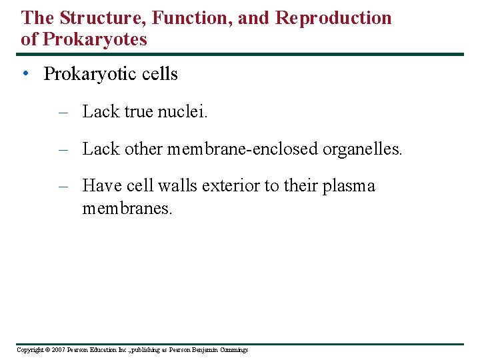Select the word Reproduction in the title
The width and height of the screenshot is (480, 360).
click(333, 18)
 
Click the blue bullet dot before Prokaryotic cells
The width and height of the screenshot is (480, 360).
click(25, 74)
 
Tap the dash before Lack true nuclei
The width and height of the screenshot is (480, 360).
click(63, 112)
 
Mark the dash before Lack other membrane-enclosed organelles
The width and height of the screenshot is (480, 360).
click(63, 149)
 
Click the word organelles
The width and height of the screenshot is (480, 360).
click(363, 149)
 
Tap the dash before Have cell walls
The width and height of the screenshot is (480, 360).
click(63, 186)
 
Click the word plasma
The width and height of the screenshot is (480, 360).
click(349, 186)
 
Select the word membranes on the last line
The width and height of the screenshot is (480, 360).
click(127, 209)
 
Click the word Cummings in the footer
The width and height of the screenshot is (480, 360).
click(233, 350)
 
